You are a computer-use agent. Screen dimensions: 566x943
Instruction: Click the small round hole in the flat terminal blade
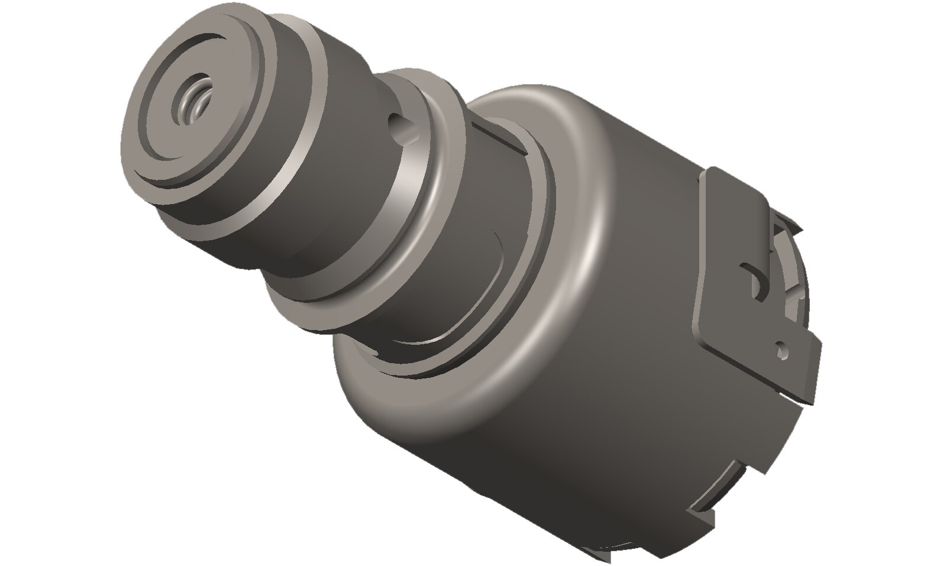point(783,351)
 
